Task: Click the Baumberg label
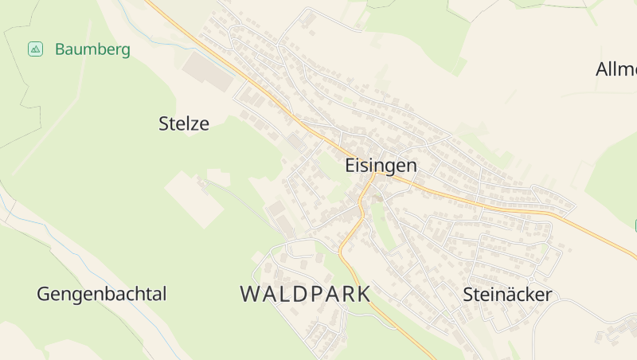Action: (x=92, y=49)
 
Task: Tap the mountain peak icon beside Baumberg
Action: (x=35, y=49)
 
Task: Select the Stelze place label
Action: (x=184, y=123)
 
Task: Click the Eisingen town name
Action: (x=381, y=166)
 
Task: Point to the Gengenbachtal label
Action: (x=102, y=295)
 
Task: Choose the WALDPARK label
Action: (x=305, y=294)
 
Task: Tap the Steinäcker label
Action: (x=507, y=295)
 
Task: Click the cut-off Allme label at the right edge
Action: (x=616, y=69)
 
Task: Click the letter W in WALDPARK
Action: (x=250, y=294)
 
